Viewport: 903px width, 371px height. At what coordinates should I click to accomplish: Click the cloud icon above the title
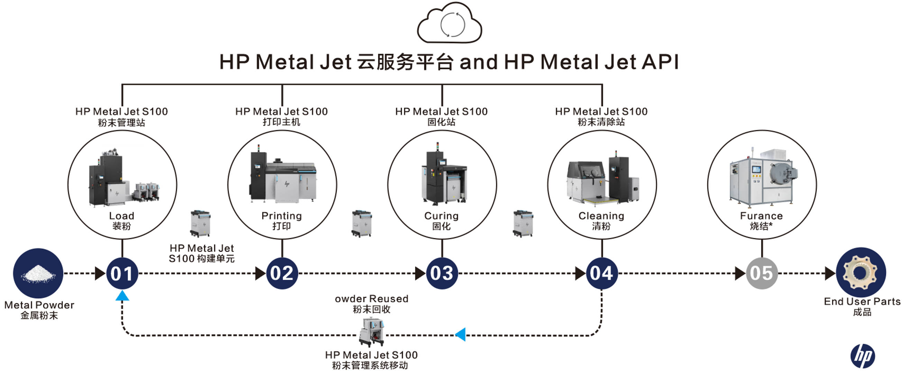(449, 24)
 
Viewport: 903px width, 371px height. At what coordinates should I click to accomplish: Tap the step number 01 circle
(122, 273)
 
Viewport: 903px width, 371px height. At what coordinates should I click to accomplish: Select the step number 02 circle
(282, 273)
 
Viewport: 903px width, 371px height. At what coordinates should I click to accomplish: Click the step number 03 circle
(442, 273)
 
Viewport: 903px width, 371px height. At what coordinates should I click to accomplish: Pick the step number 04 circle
(601, 273)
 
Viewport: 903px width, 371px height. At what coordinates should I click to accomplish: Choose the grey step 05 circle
(762, 273)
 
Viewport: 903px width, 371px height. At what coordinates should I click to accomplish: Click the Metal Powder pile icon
(38, 273)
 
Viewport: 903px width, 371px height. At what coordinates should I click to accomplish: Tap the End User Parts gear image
(861, 272)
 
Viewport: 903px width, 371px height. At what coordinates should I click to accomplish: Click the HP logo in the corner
(863, 356)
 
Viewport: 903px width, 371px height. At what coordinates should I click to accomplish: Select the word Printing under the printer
(282, 216)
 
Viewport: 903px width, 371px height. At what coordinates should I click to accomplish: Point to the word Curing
(441, 216)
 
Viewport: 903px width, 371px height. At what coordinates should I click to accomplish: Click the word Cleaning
(601, 216)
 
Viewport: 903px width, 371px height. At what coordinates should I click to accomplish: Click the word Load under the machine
(122, 216)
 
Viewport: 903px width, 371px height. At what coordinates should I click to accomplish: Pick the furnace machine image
(764, 178)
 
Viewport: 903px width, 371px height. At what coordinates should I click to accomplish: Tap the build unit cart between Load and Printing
(200, 223)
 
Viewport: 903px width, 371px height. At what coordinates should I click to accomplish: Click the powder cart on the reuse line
(371, 332)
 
